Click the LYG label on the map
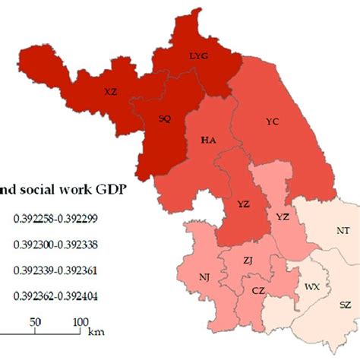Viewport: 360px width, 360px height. (x=197, y=55)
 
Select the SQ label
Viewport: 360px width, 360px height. (x=164, y=119)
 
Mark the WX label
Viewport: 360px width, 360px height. (x=311, y=288)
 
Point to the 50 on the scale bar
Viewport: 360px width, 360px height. (x=35, y=322)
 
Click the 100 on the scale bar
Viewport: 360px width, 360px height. (x=81, y=322)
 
